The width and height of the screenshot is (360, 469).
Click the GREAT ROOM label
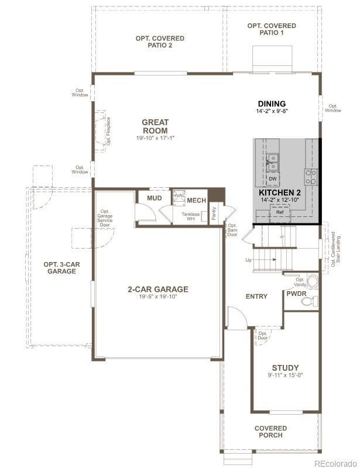pos(155,126)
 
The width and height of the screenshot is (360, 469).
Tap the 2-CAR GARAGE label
pos(158,289)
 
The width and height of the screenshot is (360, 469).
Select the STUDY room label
pos(285,368)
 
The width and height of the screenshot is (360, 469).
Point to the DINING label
pos(271,104)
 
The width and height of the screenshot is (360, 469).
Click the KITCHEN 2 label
pos(280,192)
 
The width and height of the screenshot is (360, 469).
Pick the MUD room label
pos(155,199)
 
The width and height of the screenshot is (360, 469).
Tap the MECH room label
pos(196,201)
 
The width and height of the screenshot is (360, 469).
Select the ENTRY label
pos(256,296)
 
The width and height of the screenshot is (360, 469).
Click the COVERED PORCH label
pos(270,432)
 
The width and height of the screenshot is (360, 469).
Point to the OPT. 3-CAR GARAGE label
pos(61,268)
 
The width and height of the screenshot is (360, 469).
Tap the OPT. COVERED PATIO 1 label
pos(272,29)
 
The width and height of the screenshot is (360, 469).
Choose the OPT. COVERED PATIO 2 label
pos(160,42)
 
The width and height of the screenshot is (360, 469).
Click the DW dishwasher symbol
pos(273,178)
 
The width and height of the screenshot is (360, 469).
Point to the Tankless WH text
pos(191,216)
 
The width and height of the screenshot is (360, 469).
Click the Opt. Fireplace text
pos(108,131)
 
